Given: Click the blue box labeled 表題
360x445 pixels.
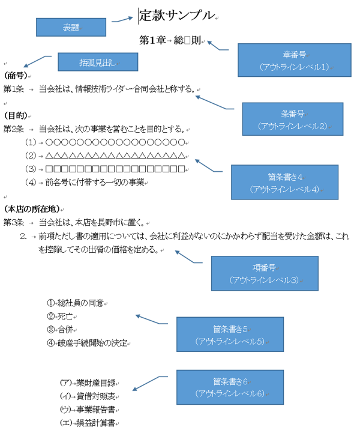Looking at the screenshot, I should [x=71, y=28].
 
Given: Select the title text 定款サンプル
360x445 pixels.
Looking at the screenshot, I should [x=176, y=16].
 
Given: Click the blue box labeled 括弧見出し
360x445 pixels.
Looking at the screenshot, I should [x=98, y=62].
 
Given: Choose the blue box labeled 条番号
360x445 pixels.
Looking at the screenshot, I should [x=292, y=119].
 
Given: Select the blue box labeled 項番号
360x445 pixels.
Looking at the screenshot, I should [x=263, y=256].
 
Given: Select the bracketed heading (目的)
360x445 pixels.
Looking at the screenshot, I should [x=17, y=115].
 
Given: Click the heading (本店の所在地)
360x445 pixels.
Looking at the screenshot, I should [x=34, y=209].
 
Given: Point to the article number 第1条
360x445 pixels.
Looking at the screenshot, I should [x=13, y=89].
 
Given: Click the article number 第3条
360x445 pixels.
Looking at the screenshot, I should [x=13, y=222].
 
